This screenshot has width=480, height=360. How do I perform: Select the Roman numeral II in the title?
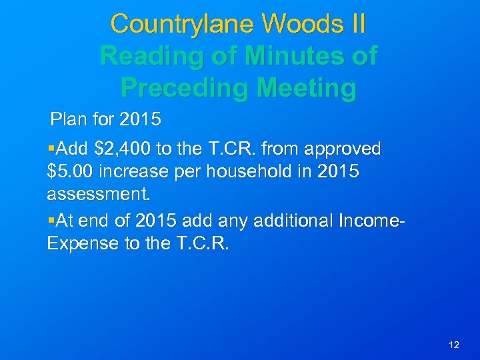point(356,24)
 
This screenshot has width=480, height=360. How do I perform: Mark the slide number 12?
point(454,345)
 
